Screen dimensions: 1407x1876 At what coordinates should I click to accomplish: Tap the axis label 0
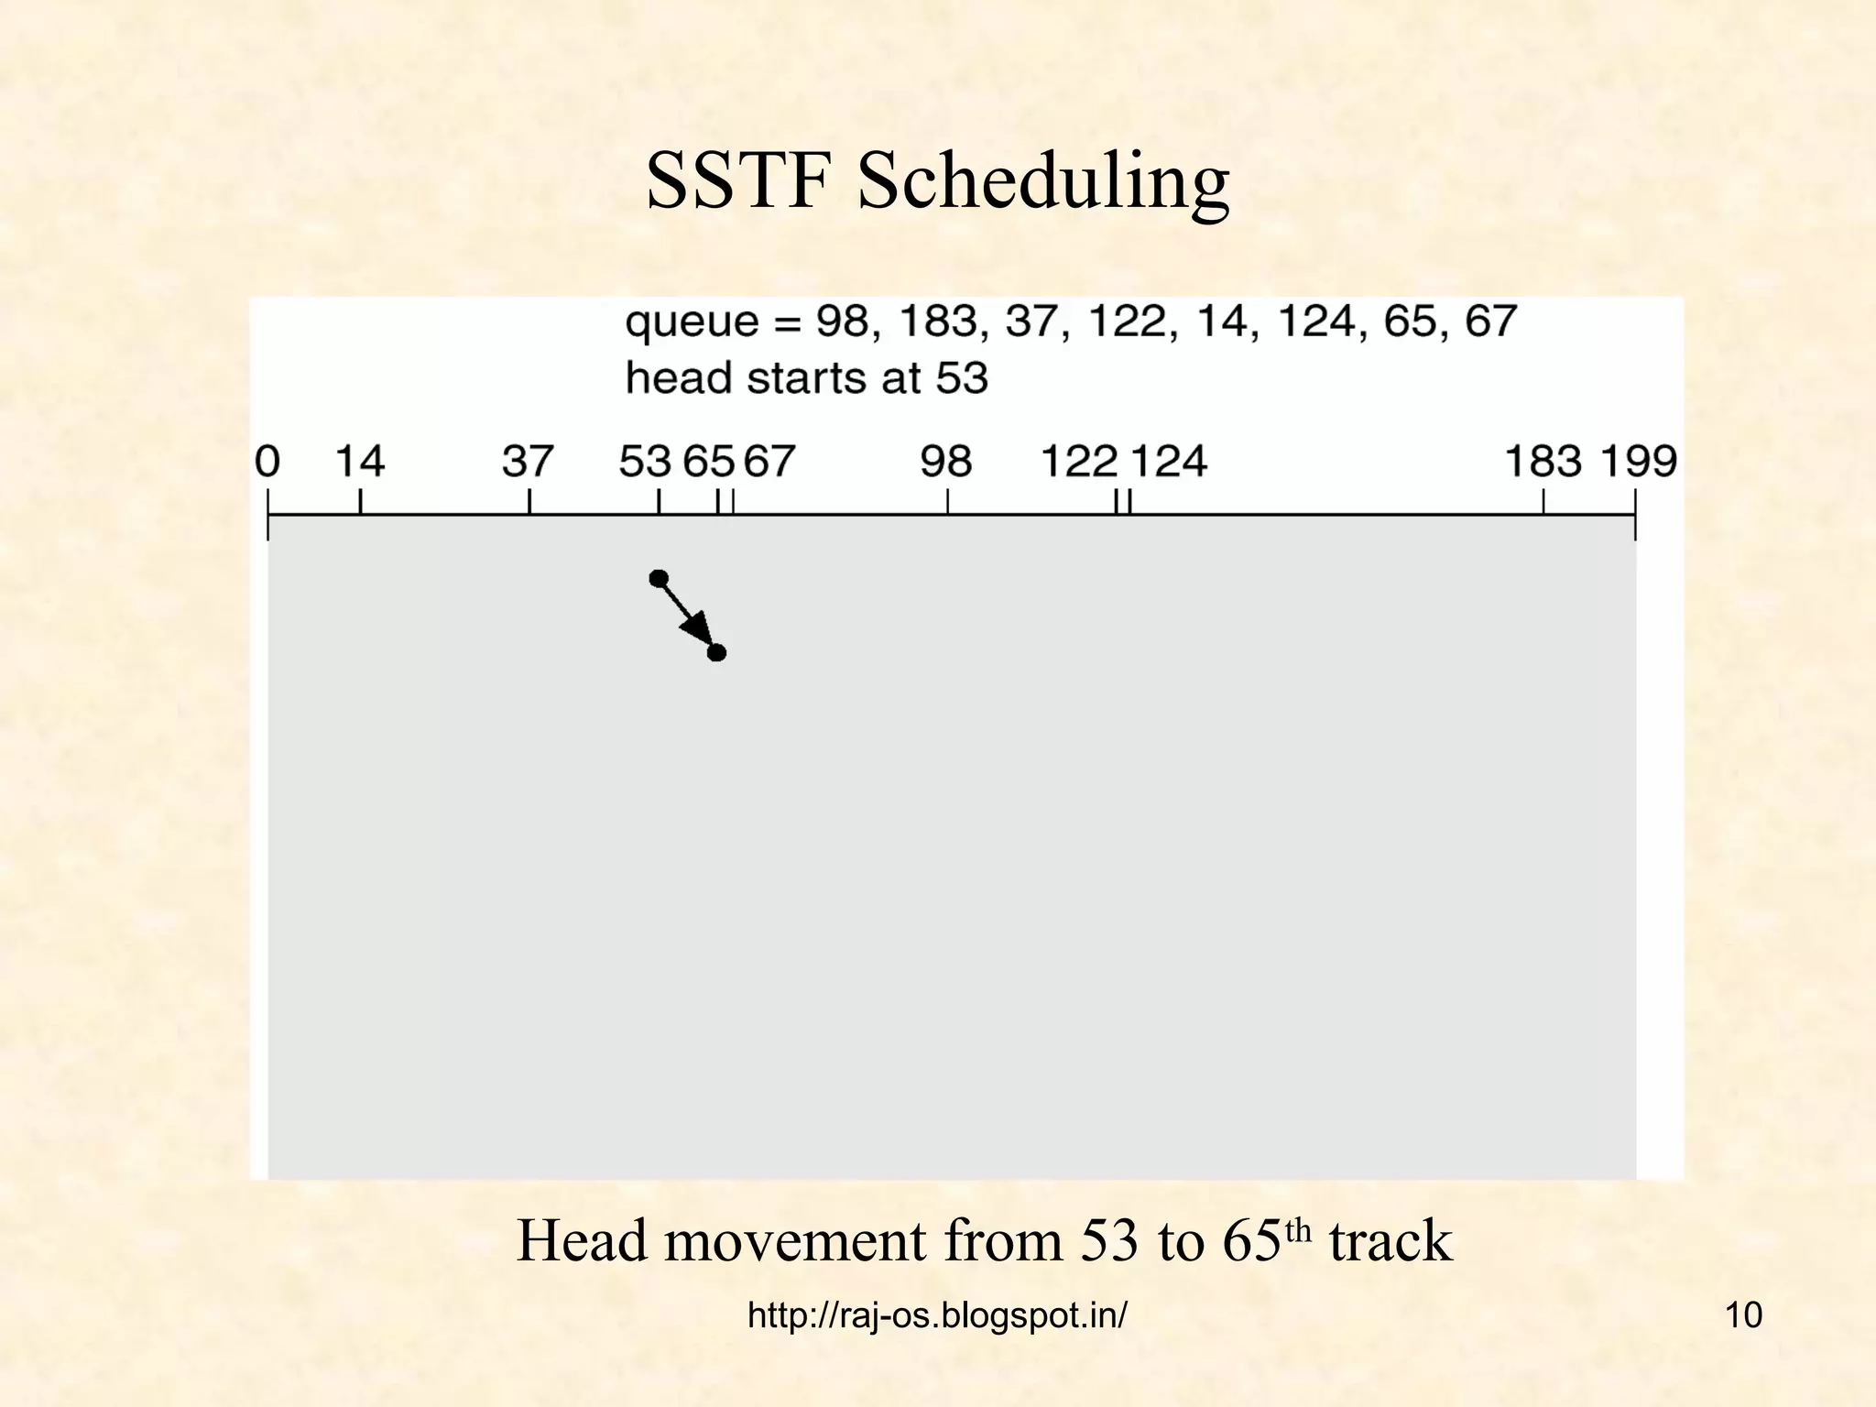coord(267,461)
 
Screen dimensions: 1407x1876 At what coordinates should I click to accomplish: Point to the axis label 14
coord(359,461)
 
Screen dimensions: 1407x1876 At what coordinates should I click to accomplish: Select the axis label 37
coord(528,461)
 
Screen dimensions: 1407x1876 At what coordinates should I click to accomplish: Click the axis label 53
coord(645,461)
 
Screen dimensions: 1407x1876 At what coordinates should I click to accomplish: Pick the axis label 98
coord(945,461)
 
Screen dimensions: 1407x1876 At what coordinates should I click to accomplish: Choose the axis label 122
coord(1078,461)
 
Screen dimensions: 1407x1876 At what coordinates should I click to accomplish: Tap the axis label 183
coord(1543,461)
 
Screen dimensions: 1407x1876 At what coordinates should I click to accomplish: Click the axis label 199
coord(1638,461)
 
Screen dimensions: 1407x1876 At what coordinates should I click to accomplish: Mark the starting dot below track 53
coord(659,578)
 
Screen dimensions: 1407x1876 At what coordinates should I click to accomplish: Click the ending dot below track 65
coord(717,652)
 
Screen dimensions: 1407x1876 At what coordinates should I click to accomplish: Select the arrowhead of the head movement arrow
coord(699,630)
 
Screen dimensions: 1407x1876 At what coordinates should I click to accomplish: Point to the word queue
coord(693,323)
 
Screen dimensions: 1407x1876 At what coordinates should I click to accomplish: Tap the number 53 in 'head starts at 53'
coord(962,378)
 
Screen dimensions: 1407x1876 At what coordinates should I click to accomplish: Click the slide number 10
coord(1743,1315)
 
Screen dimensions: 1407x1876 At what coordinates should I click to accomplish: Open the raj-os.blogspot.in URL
coord(937,1315)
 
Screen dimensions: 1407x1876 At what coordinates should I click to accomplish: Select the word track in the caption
coord(1390,1241)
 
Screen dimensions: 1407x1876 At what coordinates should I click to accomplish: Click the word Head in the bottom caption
coord(583,1241)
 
